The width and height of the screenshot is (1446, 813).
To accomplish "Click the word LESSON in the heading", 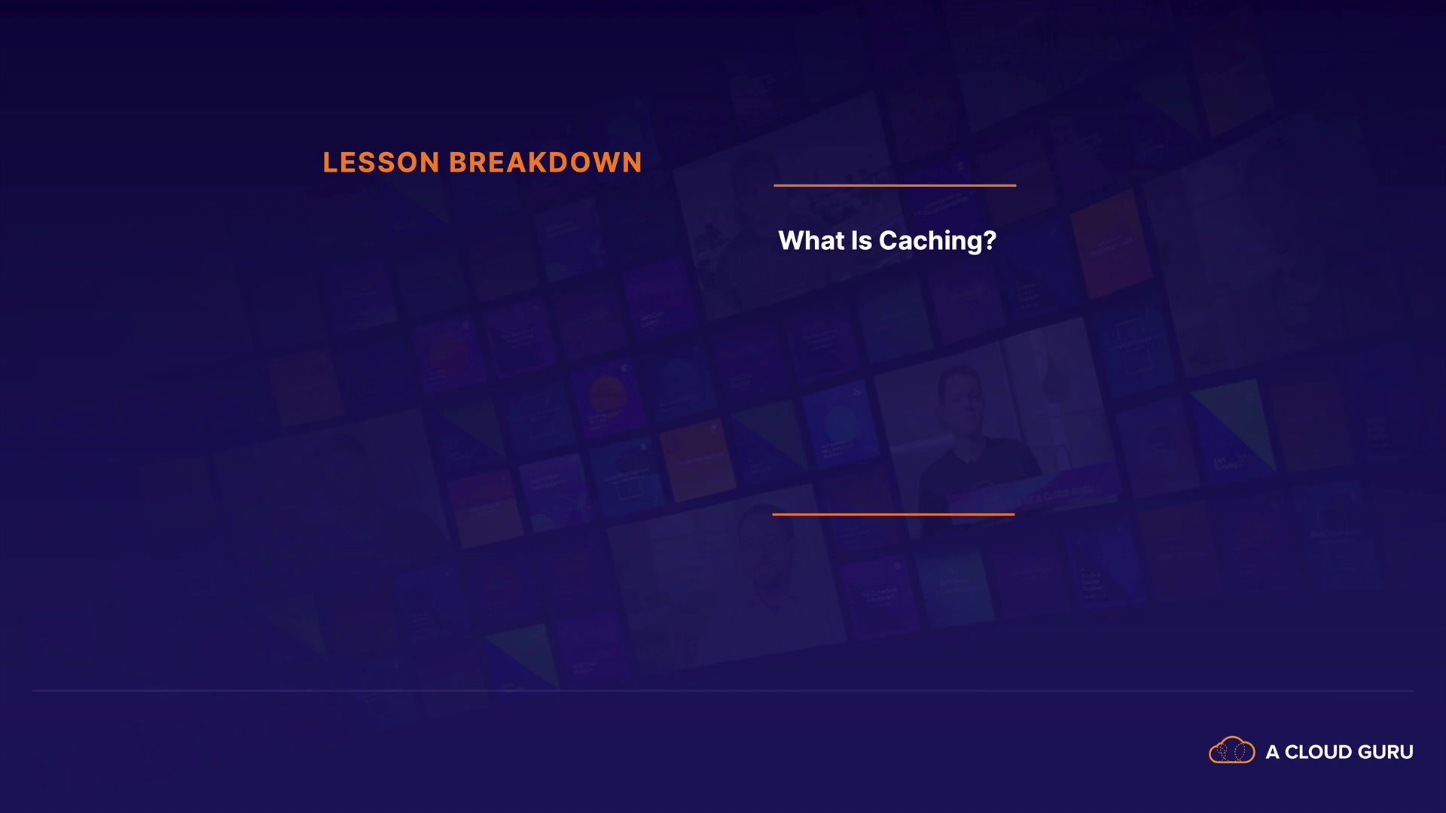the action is click(381, 163).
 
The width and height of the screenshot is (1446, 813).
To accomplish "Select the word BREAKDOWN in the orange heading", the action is click(545, 163).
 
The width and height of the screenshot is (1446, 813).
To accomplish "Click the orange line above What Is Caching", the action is click(895, 185).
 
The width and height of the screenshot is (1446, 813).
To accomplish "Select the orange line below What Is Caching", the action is click(893, 514).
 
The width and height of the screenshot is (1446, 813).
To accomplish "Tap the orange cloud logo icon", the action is click(1231, 750).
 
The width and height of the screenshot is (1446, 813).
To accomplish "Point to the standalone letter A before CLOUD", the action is click(1272, 752).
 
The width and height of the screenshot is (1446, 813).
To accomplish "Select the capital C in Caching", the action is click(889, 240).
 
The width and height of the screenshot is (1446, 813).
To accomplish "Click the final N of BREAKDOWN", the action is click(632, 163).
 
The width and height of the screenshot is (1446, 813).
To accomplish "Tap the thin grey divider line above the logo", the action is click(723, 690).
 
